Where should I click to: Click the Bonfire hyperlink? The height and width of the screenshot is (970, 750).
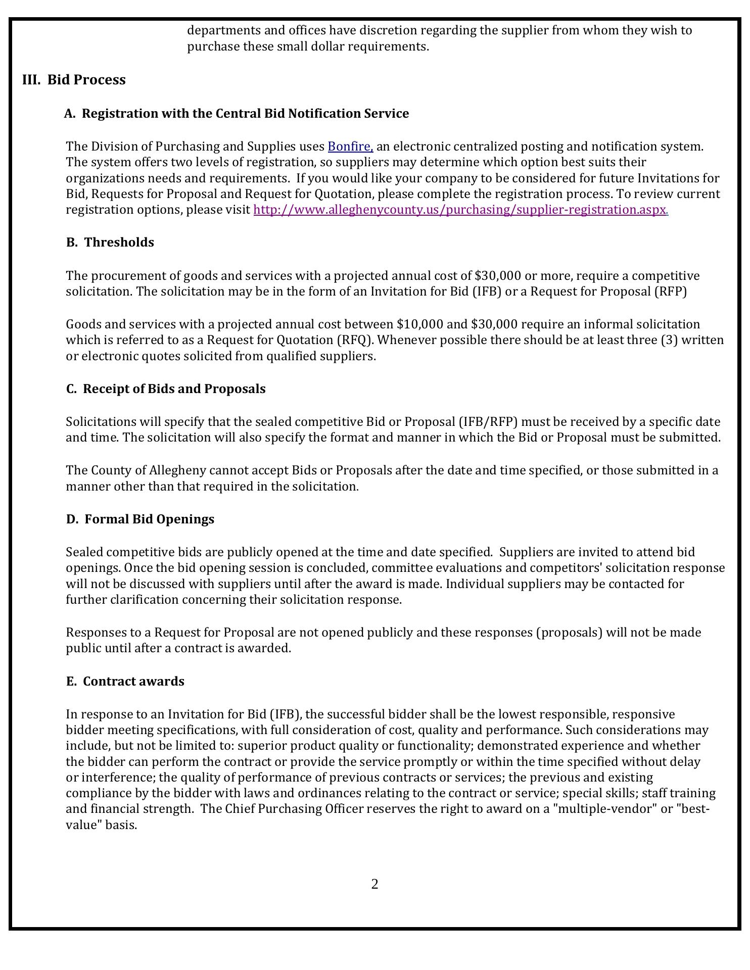coord(350,147)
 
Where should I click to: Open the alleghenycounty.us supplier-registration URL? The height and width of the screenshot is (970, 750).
coord(460,210)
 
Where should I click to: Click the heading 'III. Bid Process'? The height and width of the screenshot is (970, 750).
coord(74,80)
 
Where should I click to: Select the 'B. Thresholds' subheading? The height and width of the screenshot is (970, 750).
coord(110,243)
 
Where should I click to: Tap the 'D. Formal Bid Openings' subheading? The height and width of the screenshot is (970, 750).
coord(140,519)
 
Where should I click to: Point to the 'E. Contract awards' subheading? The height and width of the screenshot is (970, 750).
coord(125,682)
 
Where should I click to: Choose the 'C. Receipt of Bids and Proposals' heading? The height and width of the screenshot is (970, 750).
coord(166,389)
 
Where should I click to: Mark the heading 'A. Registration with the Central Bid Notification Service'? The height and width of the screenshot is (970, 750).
coord(237,114)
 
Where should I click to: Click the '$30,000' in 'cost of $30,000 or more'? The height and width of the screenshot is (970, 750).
coord(498,276)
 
